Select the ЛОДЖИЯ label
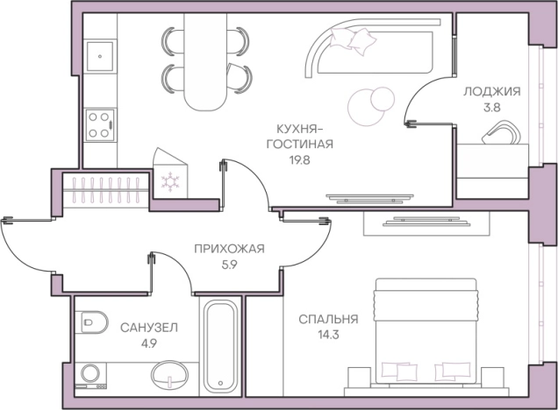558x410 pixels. (x=492, y=91)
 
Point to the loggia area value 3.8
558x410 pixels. (x=492, y=109)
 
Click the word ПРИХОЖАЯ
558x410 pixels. (x=229, y=248)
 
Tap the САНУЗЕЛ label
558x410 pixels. (x=149, y=327)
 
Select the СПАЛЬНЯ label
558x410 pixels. (x=328, y=319)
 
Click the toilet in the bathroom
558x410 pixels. (x=90, y=324)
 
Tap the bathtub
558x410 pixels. (x=219, y=345)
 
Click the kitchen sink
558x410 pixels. (x=101, y=56)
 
